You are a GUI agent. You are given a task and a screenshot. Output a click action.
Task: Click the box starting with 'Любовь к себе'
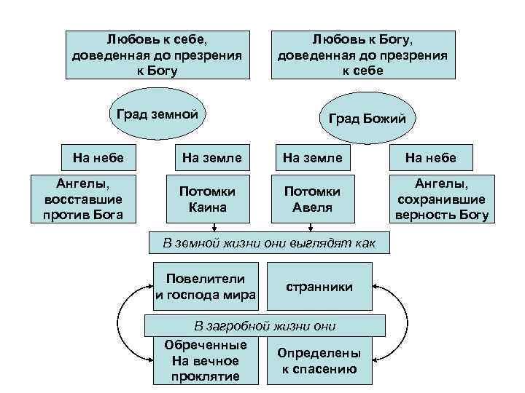click(157, 54)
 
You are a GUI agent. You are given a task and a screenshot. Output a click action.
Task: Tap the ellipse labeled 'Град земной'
click(157, 114)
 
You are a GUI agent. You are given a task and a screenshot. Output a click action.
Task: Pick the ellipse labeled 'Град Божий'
click(367, 118)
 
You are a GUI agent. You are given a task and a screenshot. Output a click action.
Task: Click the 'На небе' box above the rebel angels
click(98, 156)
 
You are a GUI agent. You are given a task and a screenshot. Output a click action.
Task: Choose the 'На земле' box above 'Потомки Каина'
click(211, 157)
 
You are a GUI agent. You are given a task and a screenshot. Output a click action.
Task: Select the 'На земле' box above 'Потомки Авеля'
click(312, 157)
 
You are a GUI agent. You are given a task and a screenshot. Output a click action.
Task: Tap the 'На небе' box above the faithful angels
click(430, 157)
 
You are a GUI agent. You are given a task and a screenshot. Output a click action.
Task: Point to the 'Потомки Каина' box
click(211, 199)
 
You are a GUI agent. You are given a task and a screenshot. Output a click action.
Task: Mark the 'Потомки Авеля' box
click(312, 199)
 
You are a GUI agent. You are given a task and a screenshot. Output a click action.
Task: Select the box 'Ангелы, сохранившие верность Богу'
click(442, 199)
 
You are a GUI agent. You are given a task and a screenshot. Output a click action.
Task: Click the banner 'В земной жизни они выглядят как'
click(269, 242)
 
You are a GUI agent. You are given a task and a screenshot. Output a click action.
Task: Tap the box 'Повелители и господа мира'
click(206, 287)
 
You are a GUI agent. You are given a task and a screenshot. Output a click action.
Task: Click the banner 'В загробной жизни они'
click(265, 325)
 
